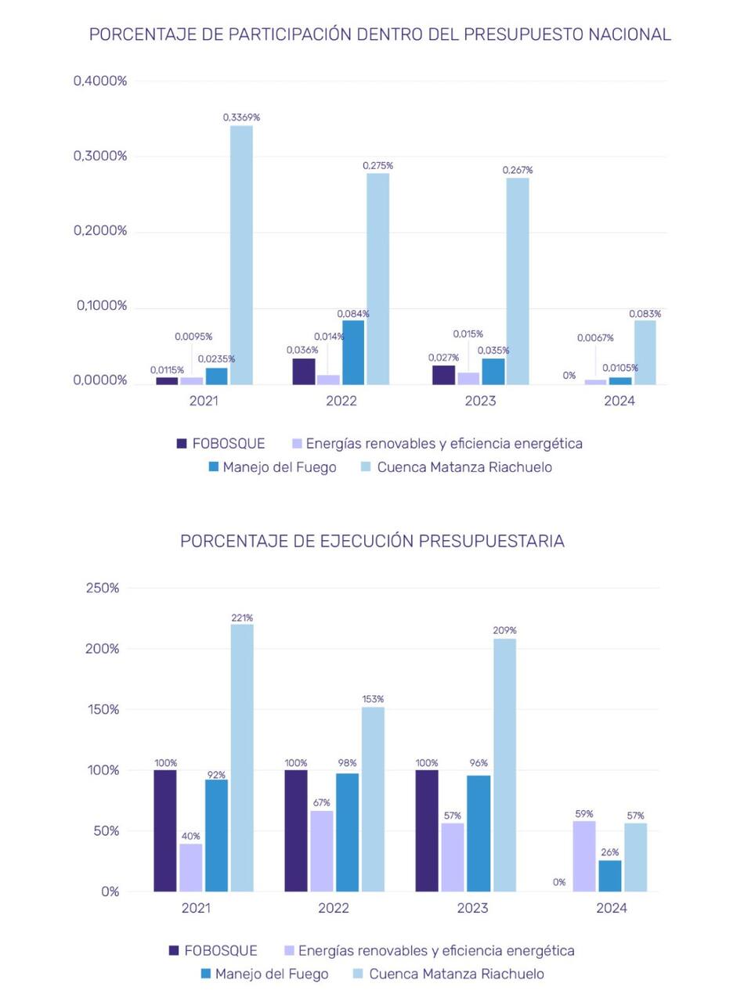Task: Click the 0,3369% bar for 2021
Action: click(x=241, y=254)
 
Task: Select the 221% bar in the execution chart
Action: click(x=242, y=757)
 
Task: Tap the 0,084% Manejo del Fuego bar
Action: click(x=353, y=352)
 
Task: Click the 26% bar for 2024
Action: click(x=610, y=876)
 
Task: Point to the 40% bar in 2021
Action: click(x=190, y=867)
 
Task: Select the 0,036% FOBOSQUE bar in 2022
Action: click(x=304, y=371)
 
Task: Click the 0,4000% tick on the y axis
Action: click(x=100, y=81)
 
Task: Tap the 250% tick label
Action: click(x=103, y=588)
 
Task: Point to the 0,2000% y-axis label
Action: click(x=100, y=231)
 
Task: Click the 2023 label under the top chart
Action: click(x=480, y=401)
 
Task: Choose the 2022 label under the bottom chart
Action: click(x=334, y=908)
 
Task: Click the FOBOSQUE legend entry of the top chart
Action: click(x=221, y=444)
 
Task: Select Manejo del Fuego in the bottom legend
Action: click(x=264, y=974)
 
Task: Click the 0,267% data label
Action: click(x=518, y=170)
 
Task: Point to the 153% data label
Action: click(x=373, y=699)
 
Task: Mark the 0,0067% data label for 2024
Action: click(x=595, y=338)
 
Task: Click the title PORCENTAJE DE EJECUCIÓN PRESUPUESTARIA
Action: click(x=372, y=541)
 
